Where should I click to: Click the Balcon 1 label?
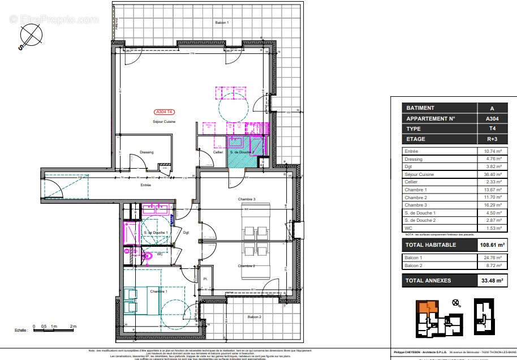(x=221, y=22)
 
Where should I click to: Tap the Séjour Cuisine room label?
(x=164, y=122)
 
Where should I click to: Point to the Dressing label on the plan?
(x=147, y=152)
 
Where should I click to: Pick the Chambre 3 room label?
(x=247, y=199)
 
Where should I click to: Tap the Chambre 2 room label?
(x=247, y=265)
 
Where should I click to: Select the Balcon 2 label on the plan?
(x=253, y=318)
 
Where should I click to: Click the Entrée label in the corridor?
(x=146, y=185)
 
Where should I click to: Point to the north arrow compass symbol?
(x=31, y=37)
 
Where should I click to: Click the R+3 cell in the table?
(x=492, y=139)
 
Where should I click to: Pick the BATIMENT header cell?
(x=421, y=108)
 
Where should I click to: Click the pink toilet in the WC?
(x=148, y=256)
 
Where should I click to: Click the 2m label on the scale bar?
(x=73, y=327)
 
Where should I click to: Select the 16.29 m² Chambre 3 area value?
(x=492, y=205)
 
